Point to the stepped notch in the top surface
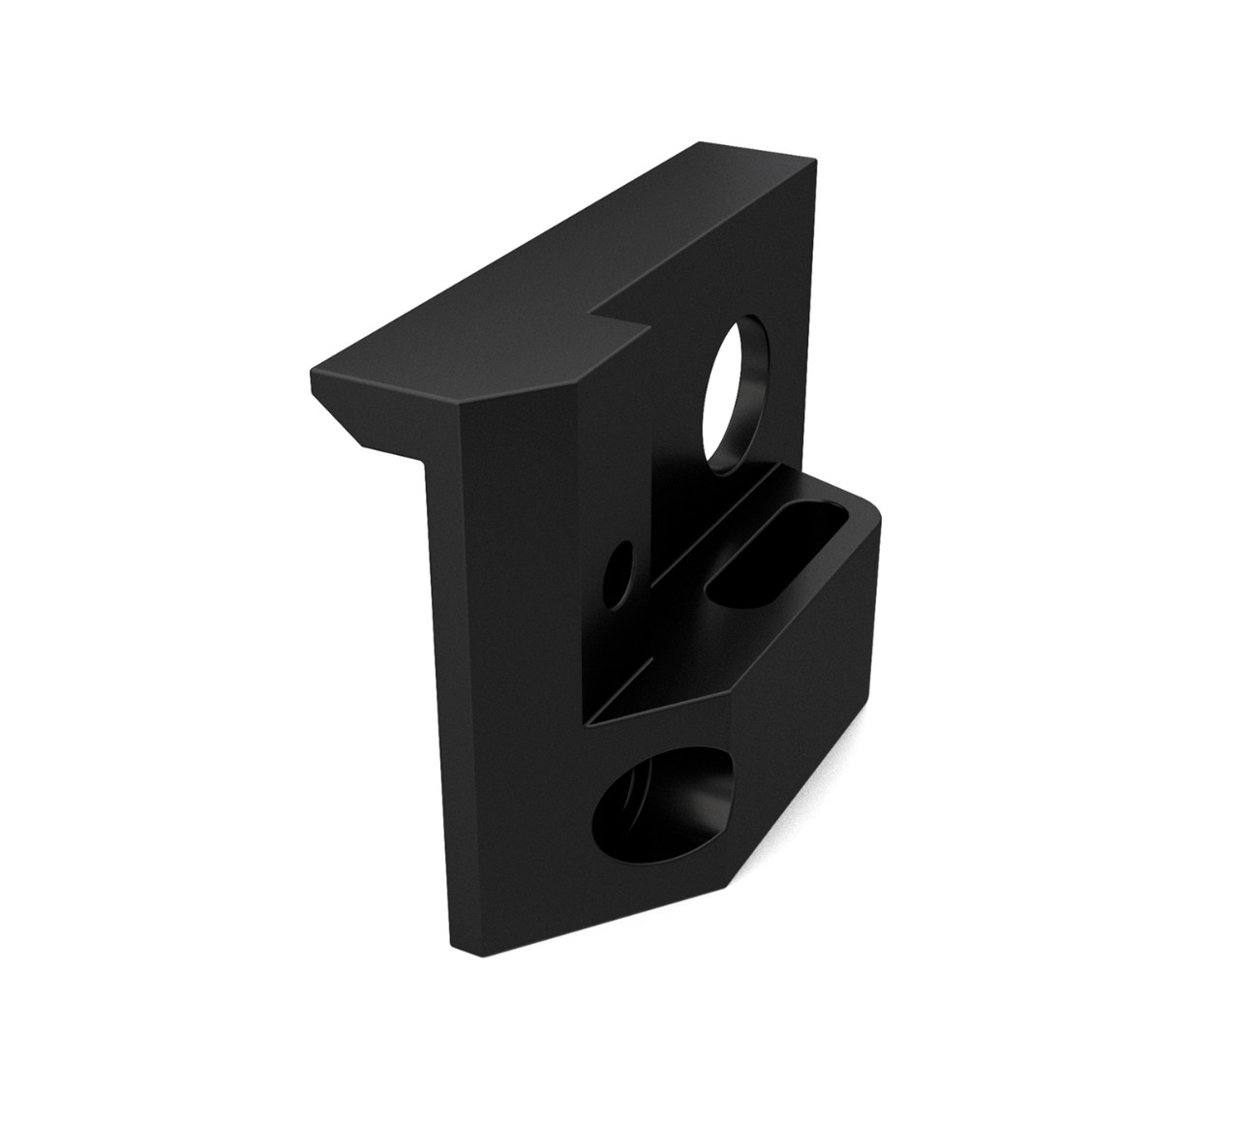(x=619, y=319)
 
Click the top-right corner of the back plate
(x=814, y=160)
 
